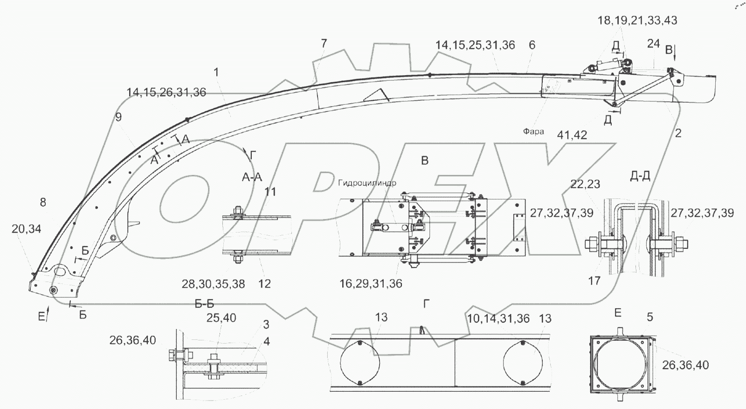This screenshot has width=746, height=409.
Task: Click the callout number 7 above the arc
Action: (x=324, y=43)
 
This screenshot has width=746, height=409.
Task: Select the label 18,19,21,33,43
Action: (x=637, y=21)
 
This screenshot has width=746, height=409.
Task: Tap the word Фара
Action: (x=533, y=132)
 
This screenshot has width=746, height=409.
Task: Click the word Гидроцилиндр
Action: (x=368, y=183)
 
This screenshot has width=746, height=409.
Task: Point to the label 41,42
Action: (x=572, y=135)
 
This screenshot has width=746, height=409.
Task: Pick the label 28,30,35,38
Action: (x=214, y=284)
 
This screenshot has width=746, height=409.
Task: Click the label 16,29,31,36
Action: (x=371, y=283)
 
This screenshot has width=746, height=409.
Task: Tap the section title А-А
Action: (x=252, y=177)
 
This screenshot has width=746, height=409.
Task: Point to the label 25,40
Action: (x=221, y=318)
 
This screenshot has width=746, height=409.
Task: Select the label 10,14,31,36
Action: (x=498, y=318)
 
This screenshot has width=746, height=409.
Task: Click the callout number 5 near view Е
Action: (x=649, y=317)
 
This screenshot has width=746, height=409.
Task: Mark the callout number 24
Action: (x=654, y=43)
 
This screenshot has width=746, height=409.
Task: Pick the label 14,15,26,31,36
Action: (x=166, y=92)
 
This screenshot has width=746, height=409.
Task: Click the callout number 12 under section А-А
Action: (x=264, y=284)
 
